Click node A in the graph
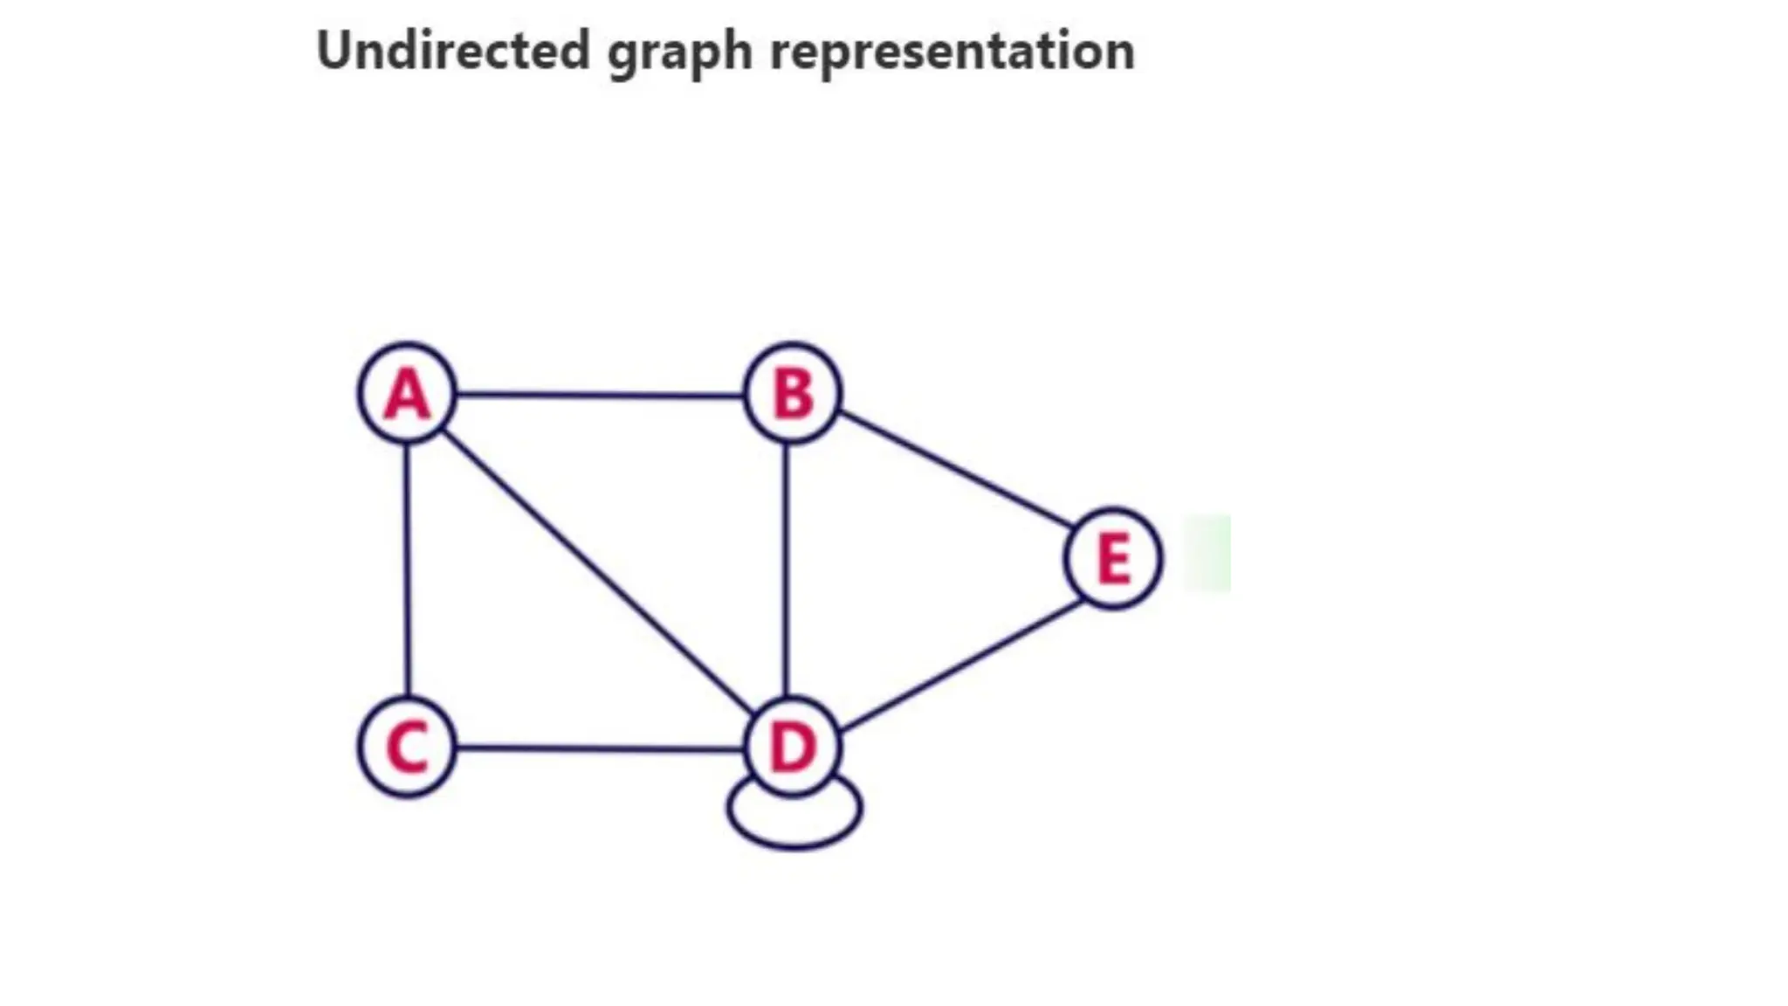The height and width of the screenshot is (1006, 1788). (408, 394)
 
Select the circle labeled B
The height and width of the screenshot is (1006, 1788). (793, 394)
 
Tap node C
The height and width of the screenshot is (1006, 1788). (408, 748)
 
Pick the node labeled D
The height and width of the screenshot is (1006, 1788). (793, 748)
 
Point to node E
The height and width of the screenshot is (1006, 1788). (1113, 558)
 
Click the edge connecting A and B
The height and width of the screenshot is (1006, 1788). (601, 396)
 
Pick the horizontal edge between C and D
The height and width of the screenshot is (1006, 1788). (601, 748)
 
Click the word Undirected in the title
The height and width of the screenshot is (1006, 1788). (453, 51)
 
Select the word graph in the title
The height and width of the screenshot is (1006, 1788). (679, 52)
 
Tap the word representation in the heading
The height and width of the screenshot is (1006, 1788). (952, 52)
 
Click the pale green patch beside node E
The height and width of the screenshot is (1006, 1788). (1207, 553)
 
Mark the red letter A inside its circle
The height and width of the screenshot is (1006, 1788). (408, 395)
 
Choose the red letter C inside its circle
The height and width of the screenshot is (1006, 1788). (408, 748)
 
